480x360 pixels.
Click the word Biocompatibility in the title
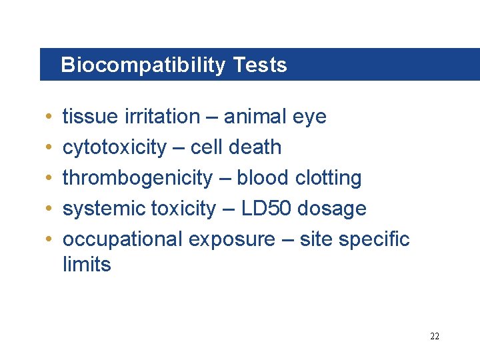143,65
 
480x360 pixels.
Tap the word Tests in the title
260,65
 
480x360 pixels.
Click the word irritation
161,117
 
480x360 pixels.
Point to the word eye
309,117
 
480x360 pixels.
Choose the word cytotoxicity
114,147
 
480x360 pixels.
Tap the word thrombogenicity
137,178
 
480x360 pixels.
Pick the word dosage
332,209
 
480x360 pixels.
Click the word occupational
123,239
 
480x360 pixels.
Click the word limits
87,265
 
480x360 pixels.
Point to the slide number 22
435,336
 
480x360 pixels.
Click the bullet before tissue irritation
51,117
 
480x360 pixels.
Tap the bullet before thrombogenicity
51,179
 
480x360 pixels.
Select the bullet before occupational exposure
51,240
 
